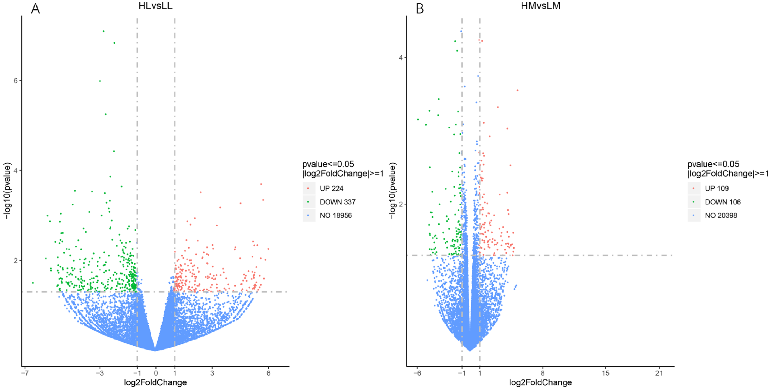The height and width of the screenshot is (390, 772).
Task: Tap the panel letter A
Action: tap(35, 9)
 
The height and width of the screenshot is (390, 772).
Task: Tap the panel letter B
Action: tap(420, 9)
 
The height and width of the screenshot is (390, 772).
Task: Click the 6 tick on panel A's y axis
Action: tap(16, 81)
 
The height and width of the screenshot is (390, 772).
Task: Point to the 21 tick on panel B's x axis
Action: tap(659, 373)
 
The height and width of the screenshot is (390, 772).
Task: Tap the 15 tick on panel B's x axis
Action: tap(606, 373)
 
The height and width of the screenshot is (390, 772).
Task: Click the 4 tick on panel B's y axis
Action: tap(401, 57)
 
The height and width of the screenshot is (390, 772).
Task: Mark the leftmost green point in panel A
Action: tap(33, 283)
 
